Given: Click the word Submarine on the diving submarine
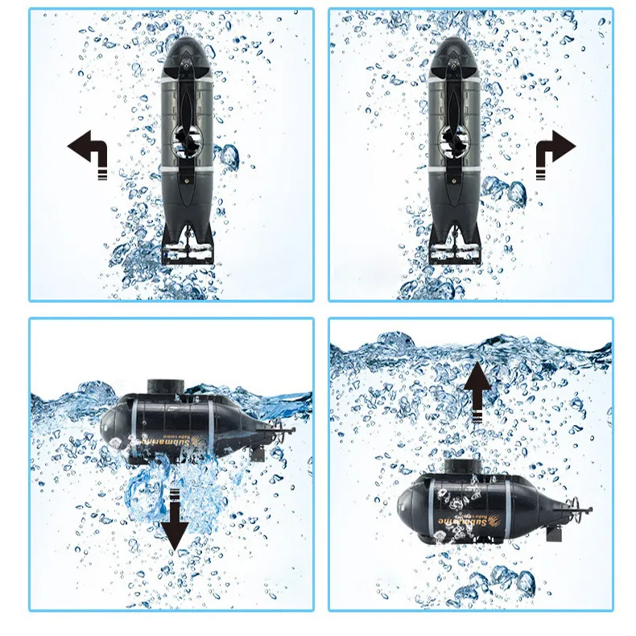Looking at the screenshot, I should coord(172,442).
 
